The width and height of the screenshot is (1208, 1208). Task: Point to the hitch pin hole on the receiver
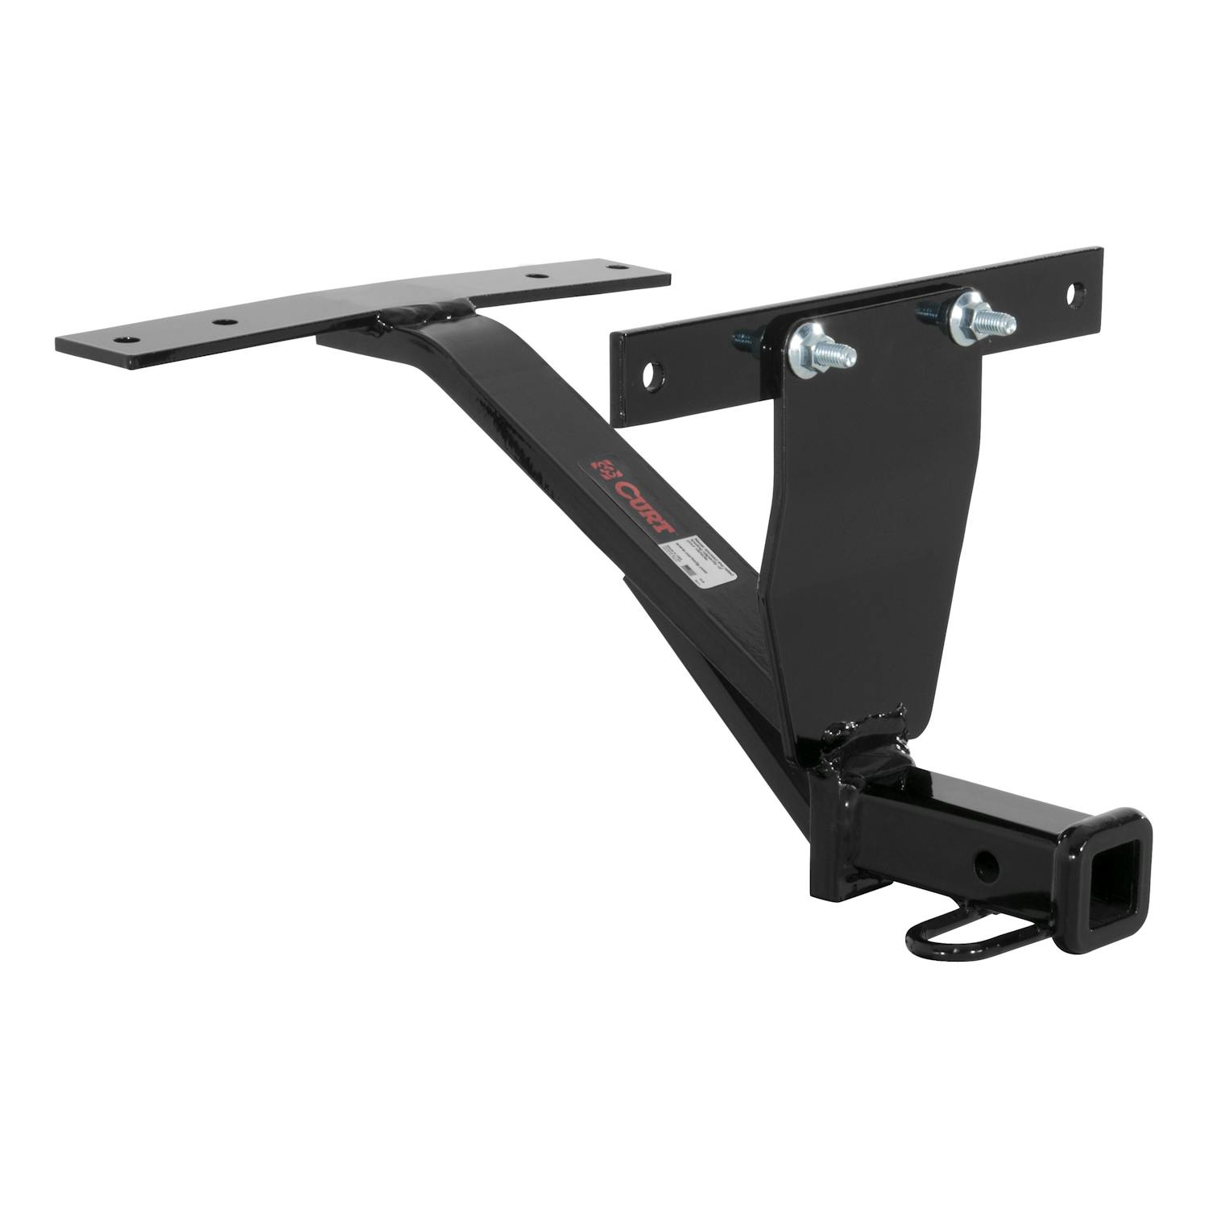987,867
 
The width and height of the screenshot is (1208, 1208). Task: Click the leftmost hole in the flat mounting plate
122,340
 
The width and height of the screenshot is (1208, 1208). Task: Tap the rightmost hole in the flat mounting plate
618,266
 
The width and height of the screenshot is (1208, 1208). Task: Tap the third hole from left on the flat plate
535,277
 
